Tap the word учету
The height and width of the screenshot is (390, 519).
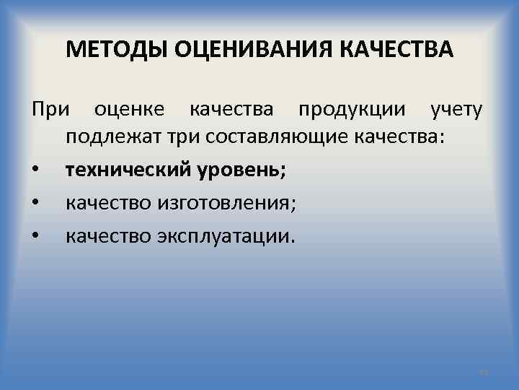coord(457,110)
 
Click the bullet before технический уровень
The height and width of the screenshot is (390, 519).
coord(35,172)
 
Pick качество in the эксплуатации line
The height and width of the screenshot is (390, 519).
coord(108,236)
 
